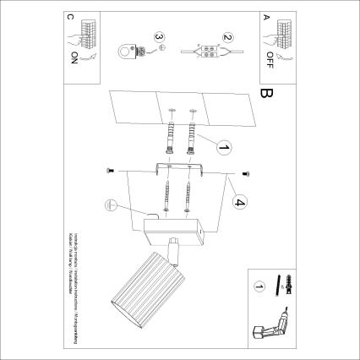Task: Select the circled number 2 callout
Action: pos(227,36)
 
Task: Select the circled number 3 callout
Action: pos(157,36)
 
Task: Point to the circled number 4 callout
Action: pos(239,203)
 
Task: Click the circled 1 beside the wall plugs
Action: pos(223,149)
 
